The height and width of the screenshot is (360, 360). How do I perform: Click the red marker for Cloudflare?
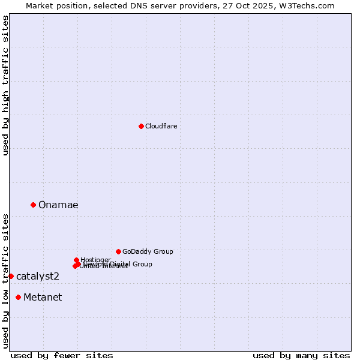pyautogui.click(x=141, y=126)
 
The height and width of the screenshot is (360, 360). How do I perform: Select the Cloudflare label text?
pyautogui.click(x=161, y=126)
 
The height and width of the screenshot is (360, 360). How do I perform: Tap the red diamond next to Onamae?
pyautogui.click(x=33, y=205)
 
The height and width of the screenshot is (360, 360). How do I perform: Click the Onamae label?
pyautogui.click(x=58, y=205)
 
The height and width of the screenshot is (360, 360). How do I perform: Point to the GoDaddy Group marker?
pyautogui.click(x=118, y=251)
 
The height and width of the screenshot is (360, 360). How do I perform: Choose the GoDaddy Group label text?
pyautogui.click(x=148, y=252)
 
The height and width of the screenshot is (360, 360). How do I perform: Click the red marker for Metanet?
pyautogui.click(x=19, y=297)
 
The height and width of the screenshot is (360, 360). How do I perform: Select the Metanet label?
pyautogui.click(x=43, y=298)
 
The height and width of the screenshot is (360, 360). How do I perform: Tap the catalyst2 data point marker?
pyautogui.click(x=11, y=276)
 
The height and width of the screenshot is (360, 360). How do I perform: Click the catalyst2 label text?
pyautogui.click(x=38, y=277)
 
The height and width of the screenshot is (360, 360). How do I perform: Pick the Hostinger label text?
pyautogui.click(x=95, y=260)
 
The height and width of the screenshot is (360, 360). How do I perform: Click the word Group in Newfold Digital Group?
pyautogui.click(x=142, y=264)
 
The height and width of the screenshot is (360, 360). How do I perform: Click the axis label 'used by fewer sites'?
pyautogui.click(x=62, y=356)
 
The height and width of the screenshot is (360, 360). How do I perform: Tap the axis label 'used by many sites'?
pyautogui.click(x=301, y=356)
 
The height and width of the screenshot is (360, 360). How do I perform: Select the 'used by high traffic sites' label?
pyautogui.click(x=6, y=85)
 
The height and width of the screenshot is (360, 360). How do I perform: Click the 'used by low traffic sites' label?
pyautogui.click(x=6, y=280)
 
